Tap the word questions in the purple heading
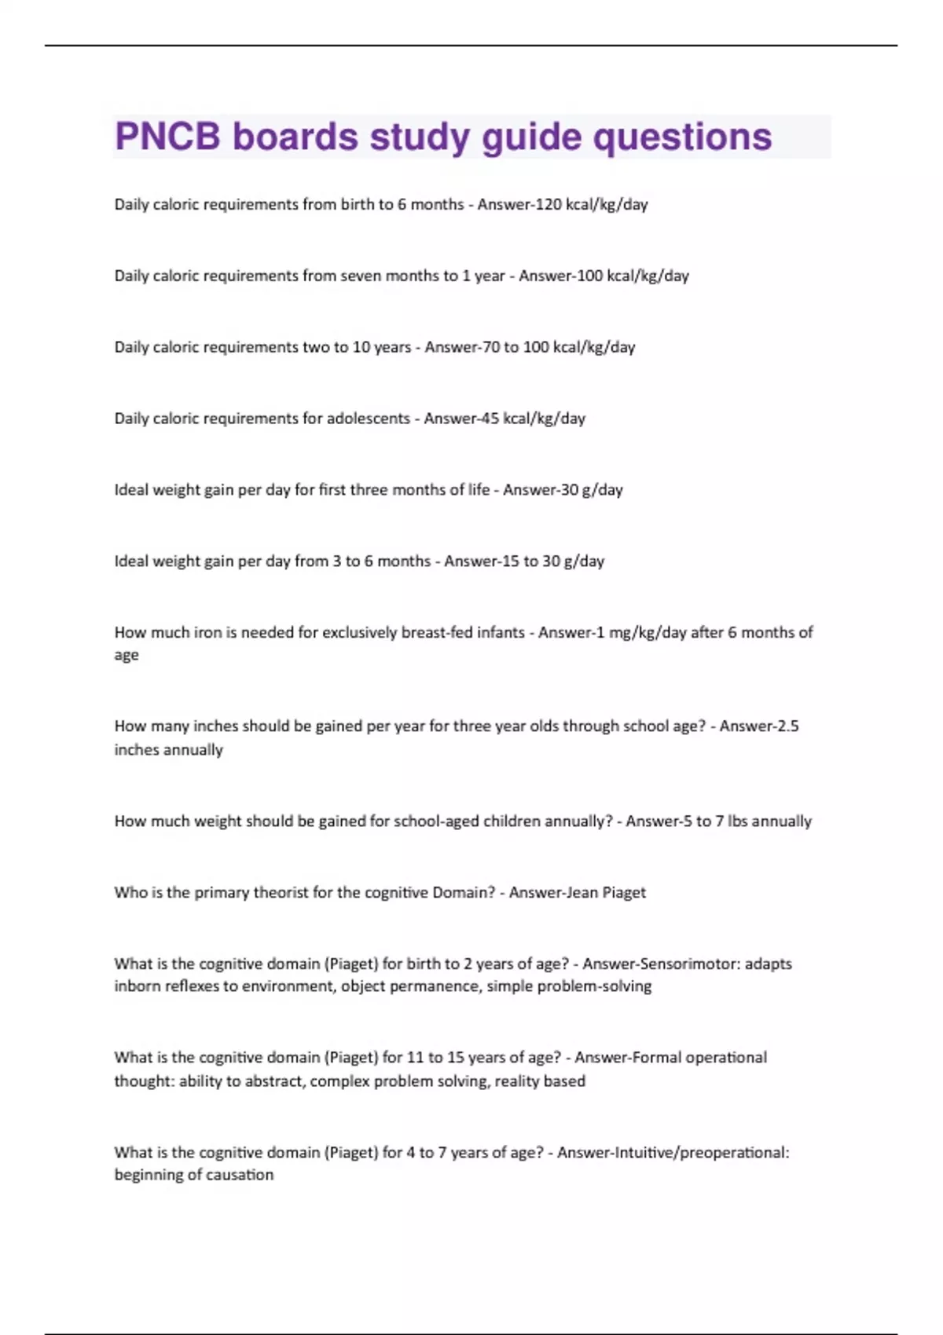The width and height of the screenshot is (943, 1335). point(682,137)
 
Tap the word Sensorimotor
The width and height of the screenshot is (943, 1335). point(677,964)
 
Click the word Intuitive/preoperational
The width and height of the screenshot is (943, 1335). point(685,1153)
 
